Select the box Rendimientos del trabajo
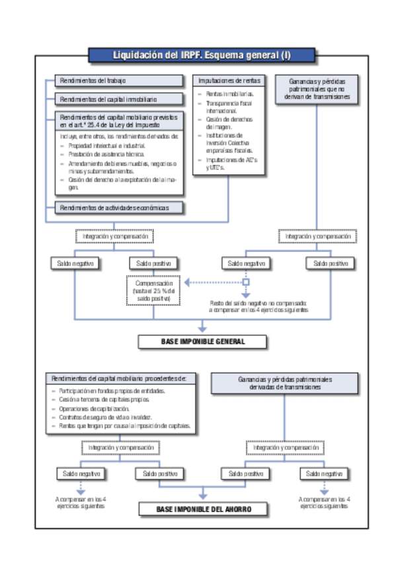(x=118, y=81)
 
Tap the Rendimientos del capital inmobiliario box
(x=118, y=99)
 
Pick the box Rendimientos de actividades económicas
(x=118, y=208)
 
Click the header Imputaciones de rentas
(x=229, y=80)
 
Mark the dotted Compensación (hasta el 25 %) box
(x=153, y=291)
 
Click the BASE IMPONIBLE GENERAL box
(x=203, y=341)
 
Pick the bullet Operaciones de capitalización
(x=99, y=409)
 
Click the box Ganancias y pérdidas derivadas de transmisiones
(x=285, y=383)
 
